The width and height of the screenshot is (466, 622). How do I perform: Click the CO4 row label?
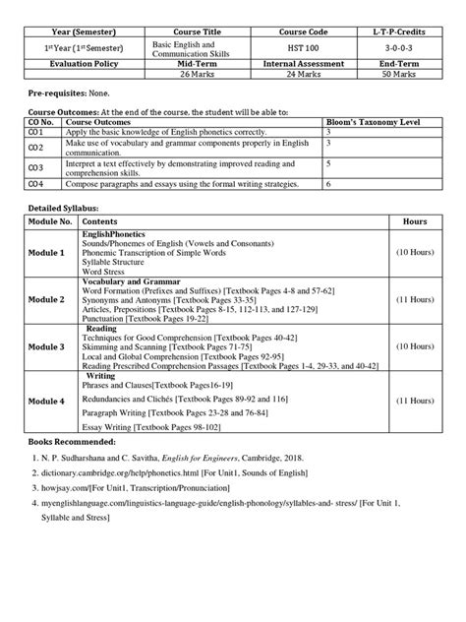(34, 184)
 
